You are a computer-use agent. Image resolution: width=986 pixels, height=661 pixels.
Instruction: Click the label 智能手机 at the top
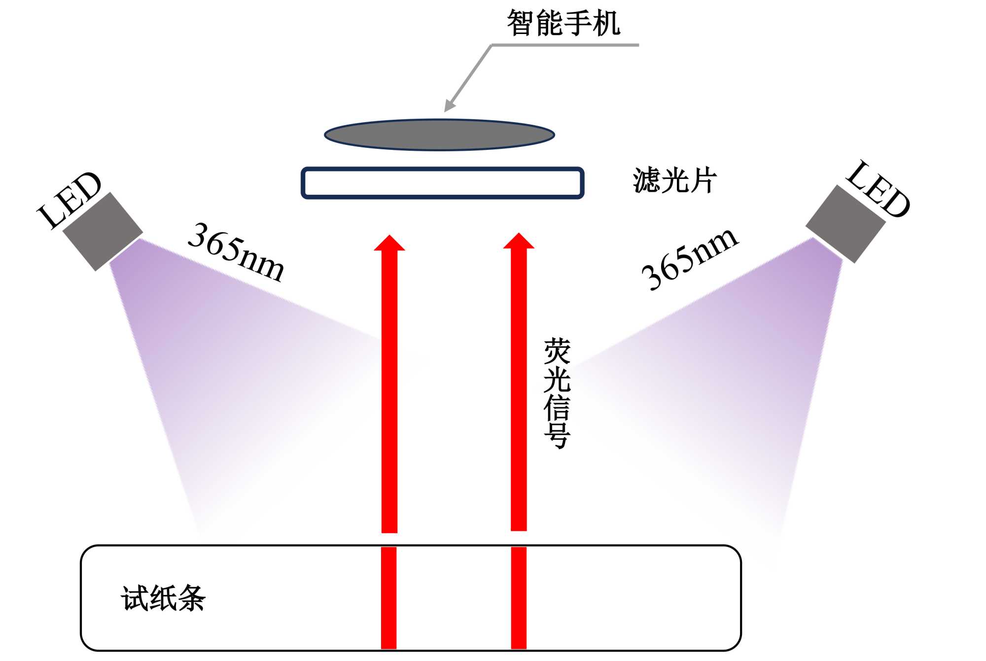563,23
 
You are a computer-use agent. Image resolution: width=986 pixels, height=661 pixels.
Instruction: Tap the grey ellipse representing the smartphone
439,135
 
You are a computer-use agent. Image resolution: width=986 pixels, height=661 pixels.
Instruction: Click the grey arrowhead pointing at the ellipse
450,105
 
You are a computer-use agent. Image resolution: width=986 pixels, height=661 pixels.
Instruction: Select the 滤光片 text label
674,180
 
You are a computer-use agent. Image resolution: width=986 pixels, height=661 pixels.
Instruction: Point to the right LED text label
878,189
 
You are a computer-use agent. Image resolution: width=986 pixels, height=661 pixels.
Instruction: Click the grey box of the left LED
103,231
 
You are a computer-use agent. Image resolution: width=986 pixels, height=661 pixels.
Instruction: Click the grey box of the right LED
845,224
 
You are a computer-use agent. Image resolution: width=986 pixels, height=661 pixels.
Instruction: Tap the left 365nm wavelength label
236,252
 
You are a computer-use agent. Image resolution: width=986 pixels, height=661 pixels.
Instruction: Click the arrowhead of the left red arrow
389,244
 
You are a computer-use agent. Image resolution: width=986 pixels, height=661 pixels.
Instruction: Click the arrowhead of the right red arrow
519,242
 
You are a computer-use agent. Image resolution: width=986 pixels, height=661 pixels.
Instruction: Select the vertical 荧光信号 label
557,393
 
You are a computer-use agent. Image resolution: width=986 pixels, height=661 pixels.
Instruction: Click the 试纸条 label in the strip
163,598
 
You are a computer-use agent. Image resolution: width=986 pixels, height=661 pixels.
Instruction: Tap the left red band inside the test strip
388,597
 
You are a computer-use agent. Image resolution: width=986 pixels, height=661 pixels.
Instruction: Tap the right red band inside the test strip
519,597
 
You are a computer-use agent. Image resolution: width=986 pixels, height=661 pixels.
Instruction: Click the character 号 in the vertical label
557,435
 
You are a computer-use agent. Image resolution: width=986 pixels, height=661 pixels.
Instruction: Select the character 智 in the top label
521,23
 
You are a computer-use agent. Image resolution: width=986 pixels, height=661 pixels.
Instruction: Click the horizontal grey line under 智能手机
565,45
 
